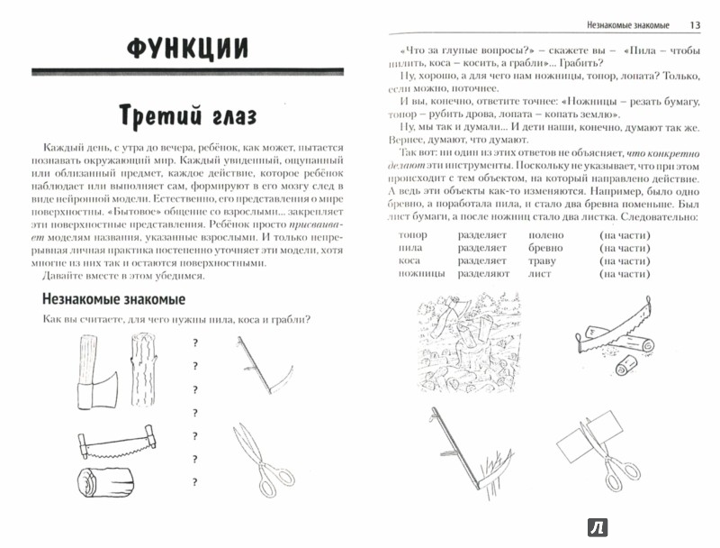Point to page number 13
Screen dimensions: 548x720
[x=694, y=23]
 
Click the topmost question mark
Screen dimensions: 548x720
[x=195, y=342]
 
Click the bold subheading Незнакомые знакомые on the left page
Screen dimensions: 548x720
[x=112, y=298]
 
